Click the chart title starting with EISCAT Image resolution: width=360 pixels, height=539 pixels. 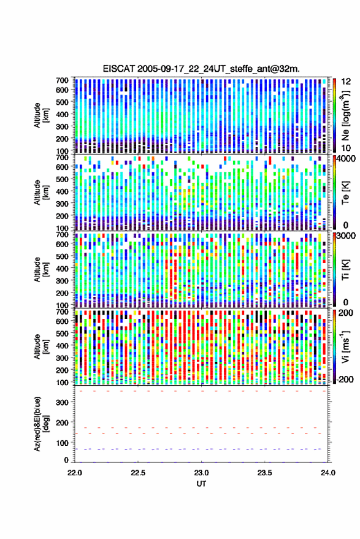coord(201,69)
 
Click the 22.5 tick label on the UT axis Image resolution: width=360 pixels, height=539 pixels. coord(138,473)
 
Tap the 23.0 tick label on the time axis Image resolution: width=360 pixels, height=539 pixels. coord(201,473)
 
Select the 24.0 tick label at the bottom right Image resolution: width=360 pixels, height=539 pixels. coord(327,473)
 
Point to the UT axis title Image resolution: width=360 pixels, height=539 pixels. coord(201,484)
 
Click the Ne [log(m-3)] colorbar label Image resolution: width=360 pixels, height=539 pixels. coord(345,115)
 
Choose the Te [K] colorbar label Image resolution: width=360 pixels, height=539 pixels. coord(345,193)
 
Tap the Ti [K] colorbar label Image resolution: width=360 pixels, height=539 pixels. coord(345,270)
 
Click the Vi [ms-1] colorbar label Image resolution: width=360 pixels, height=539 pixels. coord(345,346)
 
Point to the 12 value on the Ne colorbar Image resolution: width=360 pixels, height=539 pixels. coord(346,82)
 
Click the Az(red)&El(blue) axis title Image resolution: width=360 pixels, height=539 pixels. coord(40,424)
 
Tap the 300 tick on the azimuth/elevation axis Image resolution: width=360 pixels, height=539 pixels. coord(62,402)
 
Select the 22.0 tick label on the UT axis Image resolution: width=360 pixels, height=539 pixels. coord(75,473)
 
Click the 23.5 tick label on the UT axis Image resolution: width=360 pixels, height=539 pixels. coord(264,473)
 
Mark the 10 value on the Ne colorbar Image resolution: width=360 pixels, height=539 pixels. coord(346,148)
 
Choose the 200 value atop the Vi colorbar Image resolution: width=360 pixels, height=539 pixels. coord(346,313)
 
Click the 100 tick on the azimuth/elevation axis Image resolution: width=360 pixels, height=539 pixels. coord(62,443)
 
